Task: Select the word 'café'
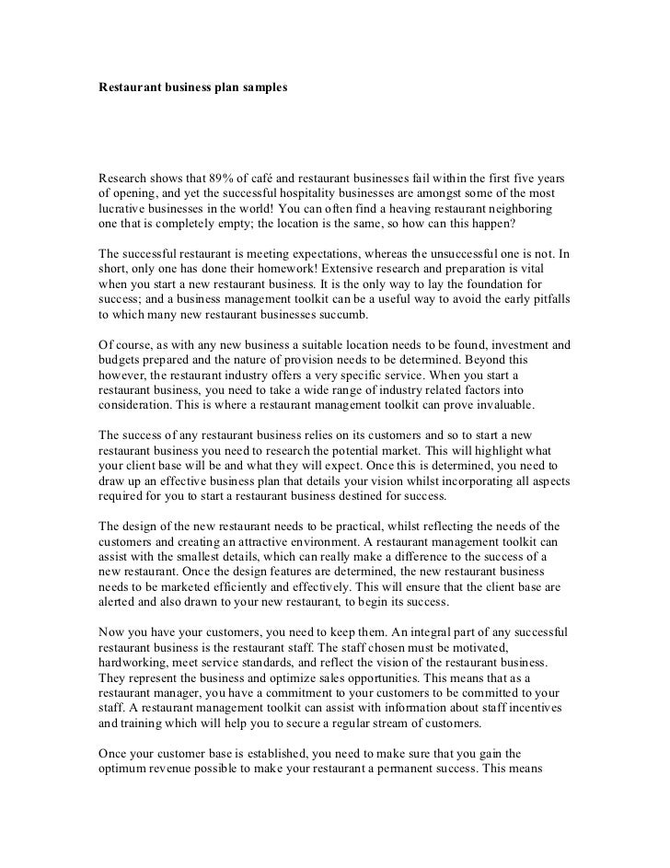[280, 176]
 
